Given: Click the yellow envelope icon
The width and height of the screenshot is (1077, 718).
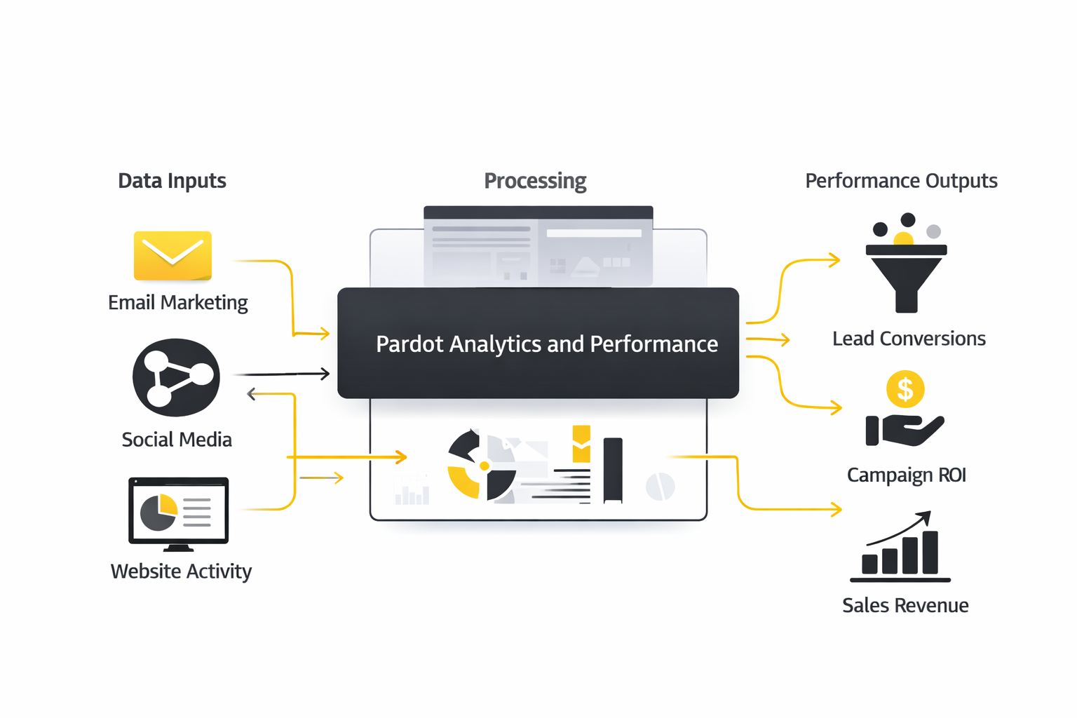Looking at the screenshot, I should click(x=172, y=255).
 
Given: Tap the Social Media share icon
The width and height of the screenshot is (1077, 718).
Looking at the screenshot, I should click(x=176, y=377).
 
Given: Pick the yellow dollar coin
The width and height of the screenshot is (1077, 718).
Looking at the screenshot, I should click(x=905, y=389).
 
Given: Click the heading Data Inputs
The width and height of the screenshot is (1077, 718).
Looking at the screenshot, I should click(x=172, y=181).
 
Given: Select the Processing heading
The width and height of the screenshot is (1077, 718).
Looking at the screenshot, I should click(x=535, y=181).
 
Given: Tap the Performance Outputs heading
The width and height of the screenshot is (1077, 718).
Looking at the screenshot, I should click(x=901, y=181).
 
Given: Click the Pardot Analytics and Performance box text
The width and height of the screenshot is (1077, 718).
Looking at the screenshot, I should click(x=546, y=344).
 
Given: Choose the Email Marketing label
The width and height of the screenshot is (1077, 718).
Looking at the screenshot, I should click(x=178, y=302).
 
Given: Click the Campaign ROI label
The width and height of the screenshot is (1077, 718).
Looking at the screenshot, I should click(x=906, y=475).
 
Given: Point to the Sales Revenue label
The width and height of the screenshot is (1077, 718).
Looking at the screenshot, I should click(x=905, y=605).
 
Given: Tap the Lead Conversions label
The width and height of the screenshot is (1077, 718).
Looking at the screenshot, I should click(x=909, y=339).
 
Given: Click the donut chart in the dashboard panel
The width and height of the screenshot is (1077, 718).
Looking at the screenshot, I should click(x=482, y=466).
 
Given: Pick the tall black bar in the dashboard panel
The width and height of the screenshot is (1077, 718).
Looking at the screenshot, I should click(x=613, y=470).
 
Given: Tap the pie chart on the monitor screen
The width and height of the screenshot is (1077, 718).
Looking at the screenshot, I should click(x=159, y=513).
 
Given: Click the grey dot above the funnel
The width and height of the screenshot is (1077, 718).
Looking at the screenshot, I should click(x=933, y=231).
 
